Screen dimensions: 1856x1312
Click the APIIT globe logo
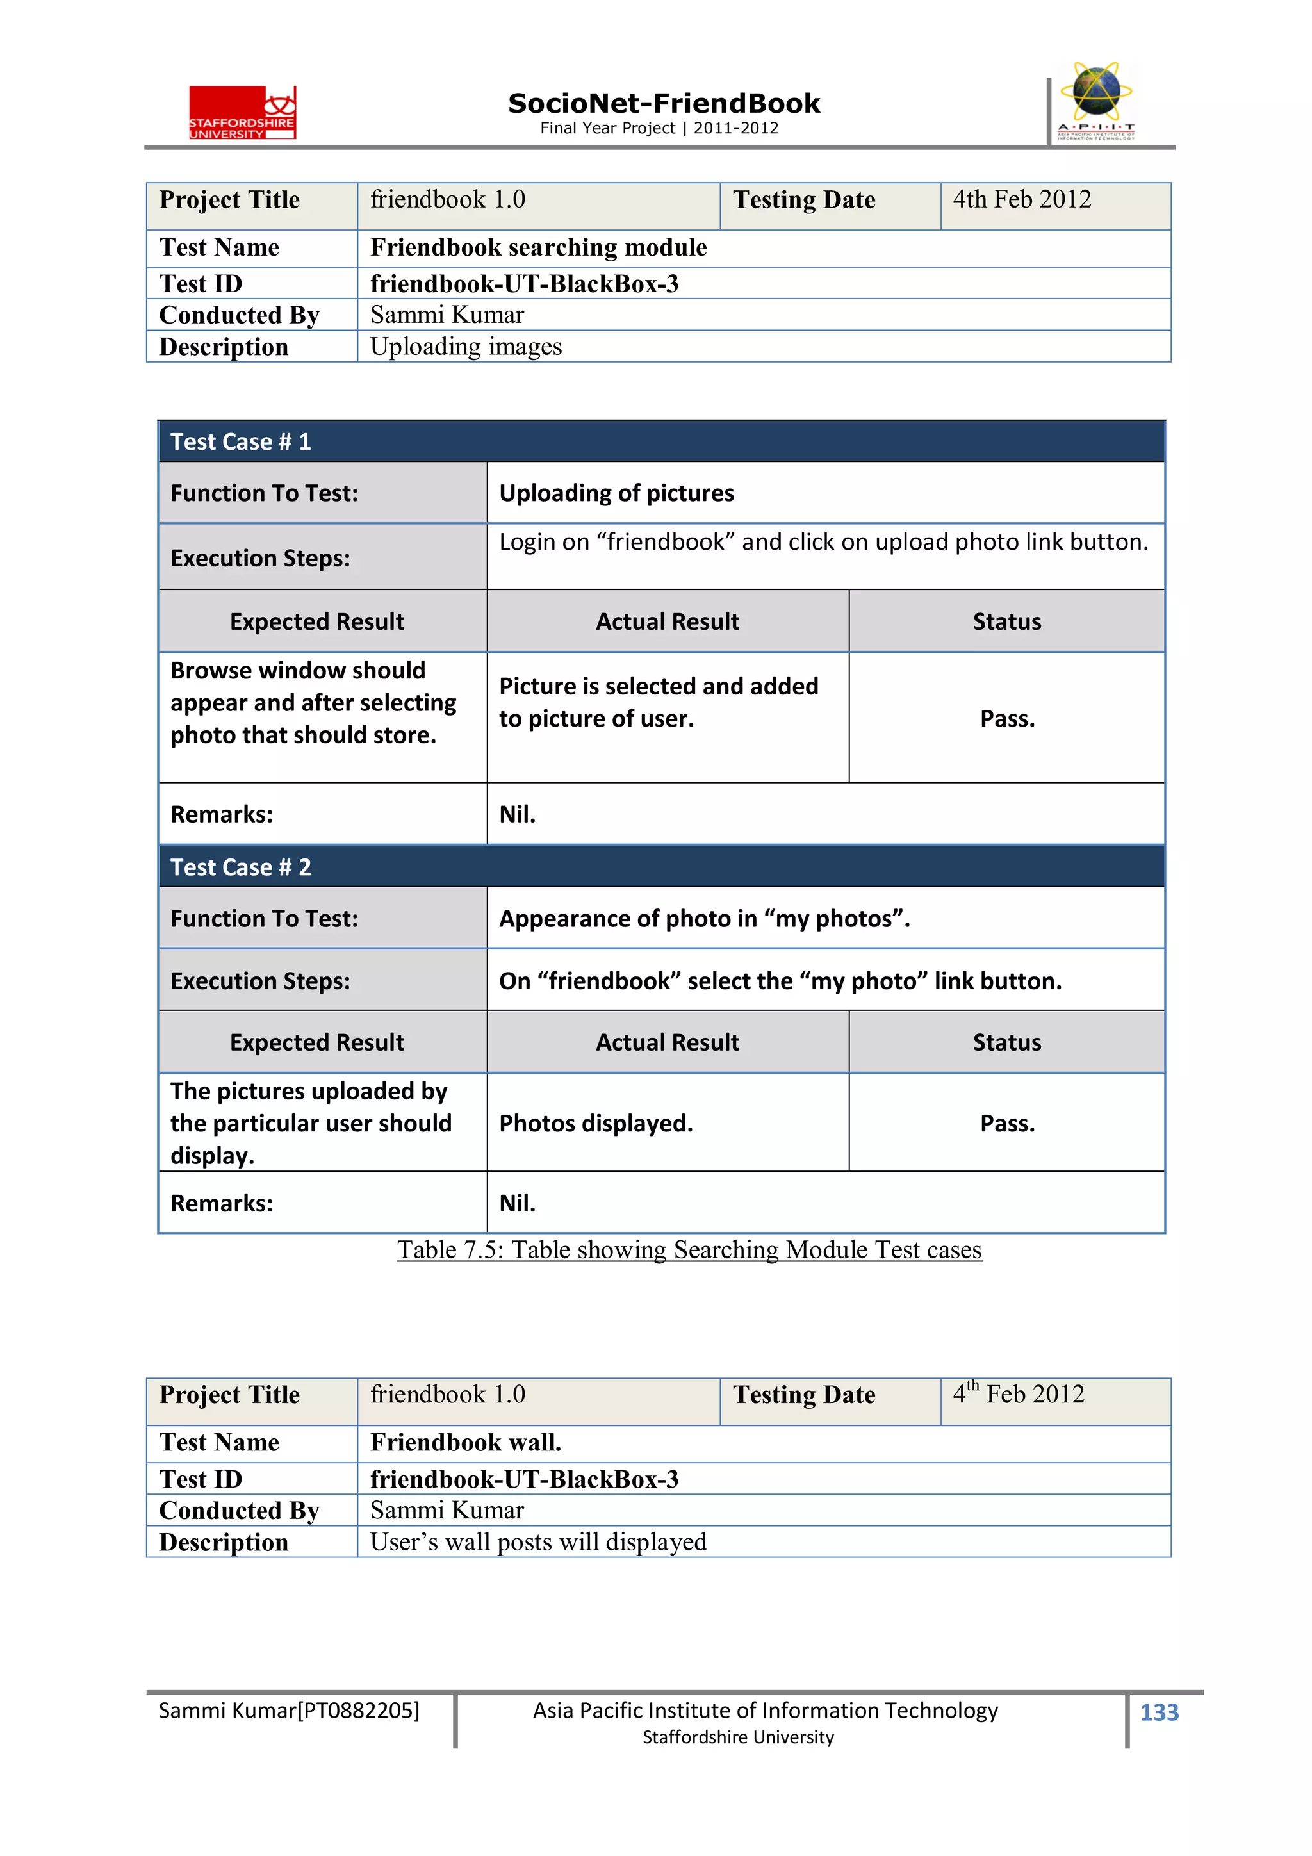pos(1095,100)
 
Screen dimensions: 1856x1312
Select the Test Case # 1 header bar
pos(660,441)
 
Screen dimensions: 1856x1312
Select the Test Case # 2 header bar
pos(660,867)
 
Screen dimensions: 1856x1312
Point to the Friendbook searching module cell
pos(538,247)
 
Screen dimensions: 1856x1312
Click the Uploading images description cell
pos(466,347)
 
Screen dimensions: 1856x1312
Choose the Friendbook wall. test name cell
pos(466,1442)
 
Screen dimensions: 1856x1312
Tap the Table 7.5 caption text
pos(689,1250)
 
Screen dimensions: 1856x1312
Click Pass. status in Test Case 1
pos(1006,719)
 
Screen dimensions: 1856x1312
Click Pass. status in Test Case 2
pos(1006,1124)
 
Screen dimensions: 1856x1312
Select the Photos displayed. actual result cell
pos(596,1124)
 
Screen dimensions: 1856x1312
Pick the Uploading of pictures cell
pos(616,493)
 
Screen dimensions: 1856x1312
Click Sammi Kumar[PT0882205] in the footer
pos(288,1711)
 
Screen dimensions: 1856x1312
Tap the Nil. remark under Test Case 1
pos(518,814)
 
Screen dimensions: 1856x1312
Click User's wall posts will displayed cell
pos(538,1541)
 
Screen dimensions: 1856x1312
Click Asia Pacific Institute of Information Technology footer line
pos(765,1711)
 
